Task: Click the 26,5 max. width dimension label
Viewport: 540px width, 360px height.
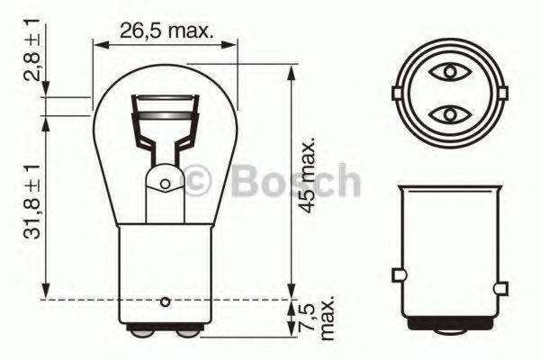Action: [x=166, y=32]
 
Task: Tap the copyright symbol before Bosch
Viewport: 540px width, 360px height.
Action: [x=198, y=183]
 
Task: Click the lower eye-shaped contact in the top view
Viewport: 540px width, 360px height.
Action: [x=446, y=114]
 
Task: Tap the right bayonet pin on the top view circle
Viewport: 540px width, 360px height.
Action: [x=497, y=92]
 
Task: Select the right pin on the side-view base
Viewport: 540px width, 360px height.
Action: [x=497, y=274]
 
